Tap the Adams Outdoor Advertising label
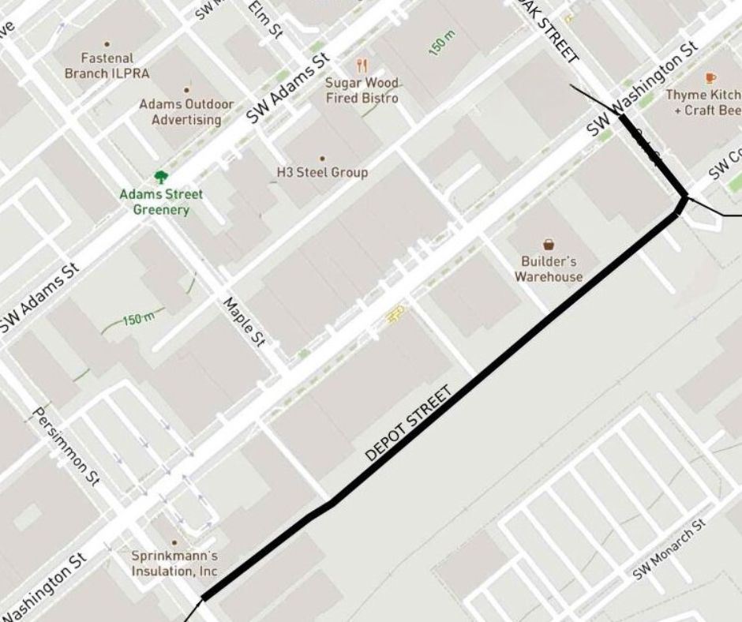click(186, 112)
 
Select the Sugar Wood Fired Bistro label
click(362, 91)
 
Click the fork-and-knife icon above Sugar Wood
click(362, 66)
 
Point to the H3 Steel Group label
click(321, 172)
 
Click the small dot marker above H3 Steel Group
click(321, 159)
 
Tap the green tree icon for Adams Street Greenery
click(161, 177)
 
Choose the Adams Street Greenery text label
click(161, 202)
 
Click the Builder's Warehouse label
click(549, 269)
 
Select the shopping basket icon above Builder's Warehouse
click(549, 245)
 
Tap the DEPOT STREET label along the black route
click(408, 424)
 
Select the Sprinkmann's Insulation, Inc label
click(174, 564)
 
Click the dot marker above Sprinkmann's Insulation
click(174, 542)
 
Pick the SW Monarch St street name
click(668, 550)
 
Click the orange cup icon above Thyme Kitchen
click(710, 77)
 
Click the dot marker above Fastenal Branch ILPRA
click(107, 44)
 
